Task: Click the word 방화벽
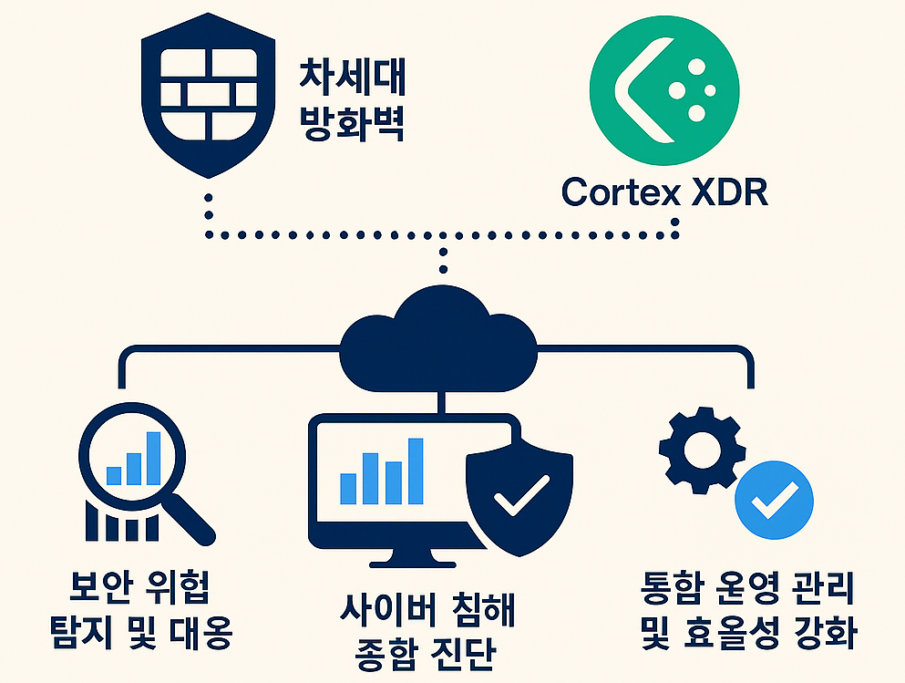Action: tap(352, 125)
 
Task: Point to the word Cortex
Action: tap(616, 191)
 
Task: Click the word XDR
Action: tap(723, 191)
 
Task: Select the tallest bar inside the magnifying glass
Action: tap(153, 457)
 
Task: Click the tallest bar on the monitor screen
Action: tap(416, 470)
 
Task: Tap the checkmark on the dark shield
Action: tap(520, 497)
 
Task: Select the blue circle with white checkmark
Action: tap(775, 497)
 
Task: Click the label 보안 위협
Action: tap(140, 589)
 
